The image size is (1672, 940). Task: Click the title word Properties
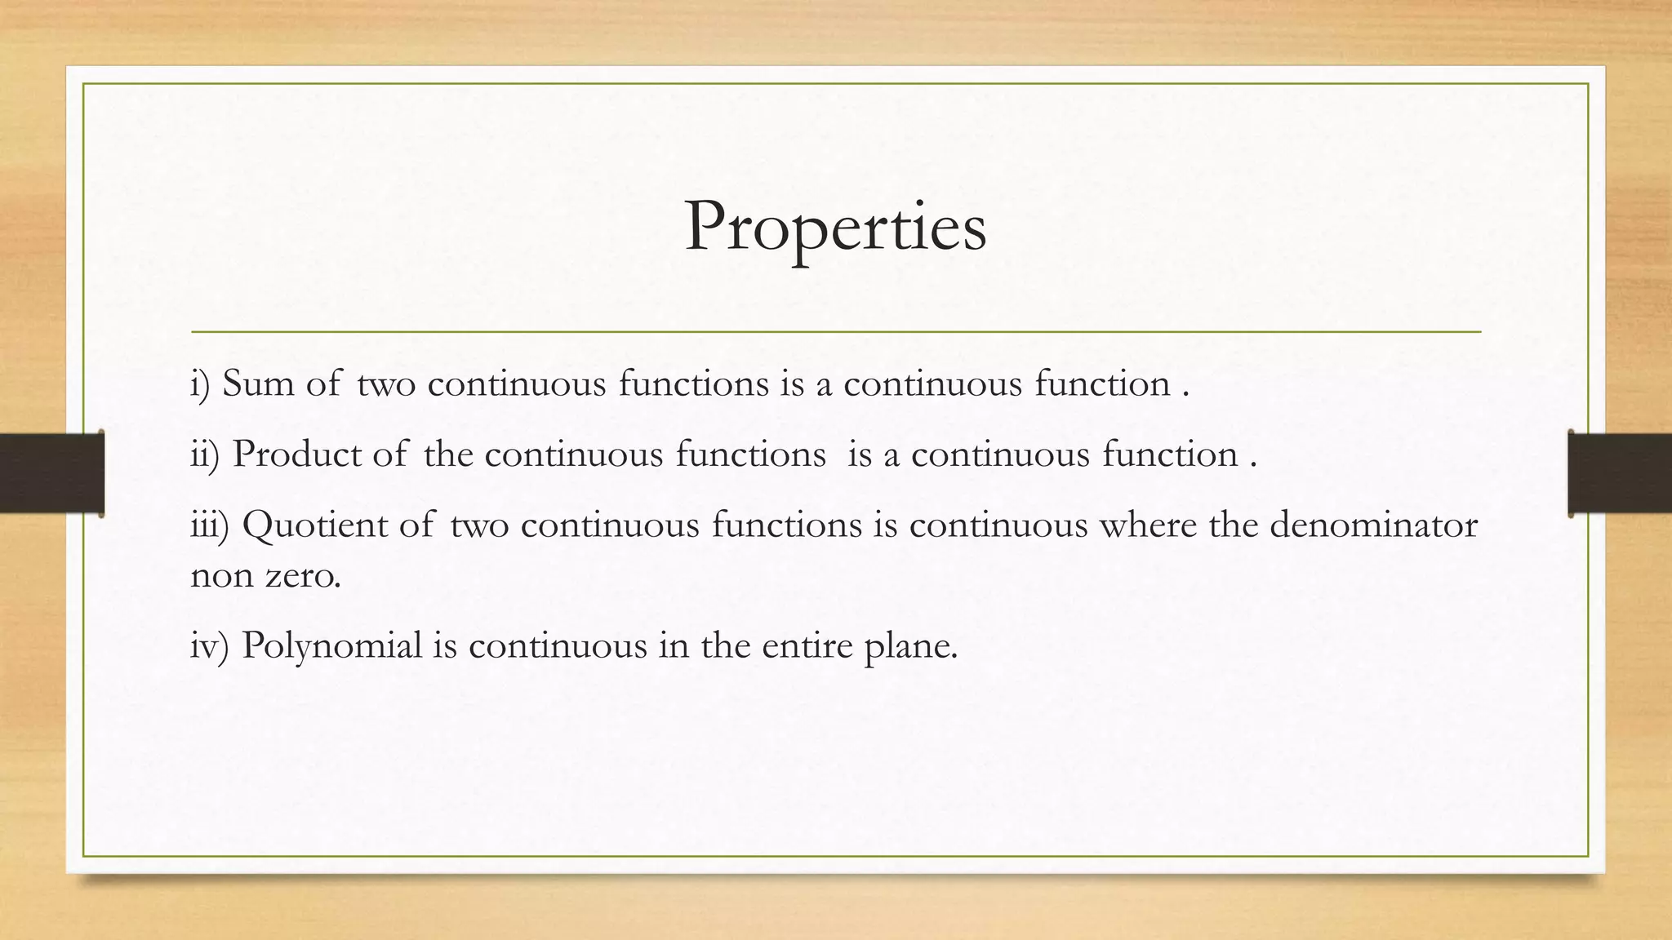point(835,228)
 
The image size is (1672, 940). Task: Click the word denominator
point(1373,525)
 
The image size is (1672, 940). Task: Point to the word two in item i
point(386,384)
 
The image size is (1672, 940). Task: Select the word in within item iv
point(674,645)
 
